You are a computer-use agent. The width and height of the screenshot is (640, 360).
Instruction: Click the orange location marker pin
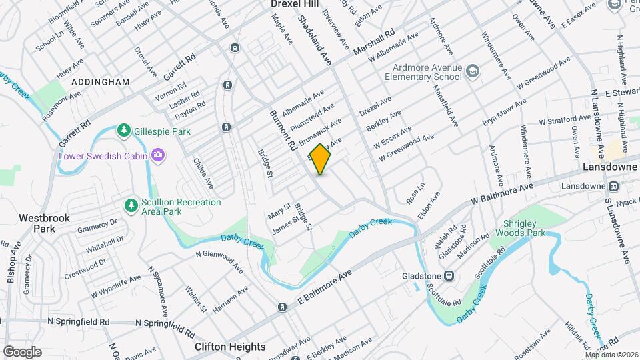point(321,159)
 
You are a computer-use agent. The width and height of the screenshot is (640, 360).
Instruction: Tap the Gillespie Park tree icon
point(123,131)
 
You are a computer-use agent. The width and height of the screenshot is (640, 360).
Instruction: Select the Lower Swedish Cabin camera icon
point(158,156)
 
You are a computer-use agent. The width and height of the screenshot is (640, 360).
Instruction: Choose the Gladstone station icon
point(449,275)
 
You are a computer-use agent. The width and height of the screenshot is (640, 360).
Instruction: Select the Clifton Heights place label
point(230,347)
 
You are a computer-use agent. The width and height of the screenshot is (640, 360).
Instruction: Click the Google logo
point(21,352)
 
